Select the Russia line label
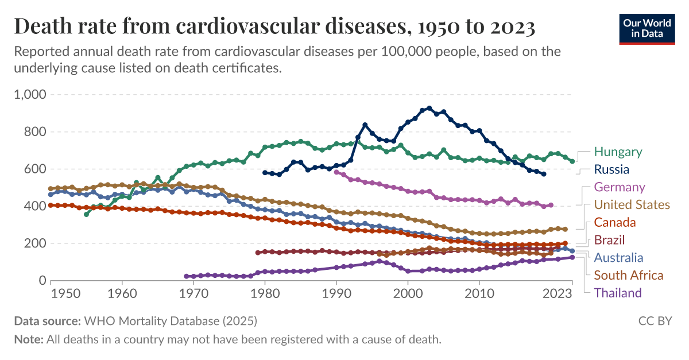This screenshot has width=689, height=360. pyautogui.click(x=611, y=170)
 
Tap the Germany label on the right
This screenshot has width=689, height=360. pyautogui.click(x=620, y=187)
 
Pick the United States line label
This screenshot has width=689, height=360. pyautogui.click(x=632, y=205)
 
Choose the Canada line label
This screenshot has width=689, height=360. pyautogui.click(x=615, y=223)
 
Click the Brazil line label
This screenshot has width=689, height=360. pyautogui.click(x=609, y=240)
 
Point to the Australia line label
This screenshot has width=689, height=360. pyautogui.click(x=618, y=258)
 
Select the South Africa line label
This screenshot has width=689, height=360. pyautogui.click(x=628, y=276)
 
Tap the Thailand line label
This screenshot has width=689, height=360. pyautogui.click(x=618, y=293)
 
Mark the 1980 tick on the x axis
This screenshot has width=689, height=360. pyautogui.click(x=265, y=293)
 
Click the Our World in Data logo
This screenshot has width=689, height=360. pyautogui.click(x=647, y=28)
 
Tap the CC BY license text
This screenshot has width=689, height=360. pyautogui.click(x=655, y=320)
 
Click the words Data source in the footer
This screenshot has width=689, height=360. pyautogui.click(x=48, y=320)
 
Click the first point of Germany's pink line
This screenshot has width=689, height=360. pyautogui.click(x=336, y=172)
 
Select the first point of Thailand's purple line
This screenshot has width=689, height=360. pyautogui.click(x=186, y=276)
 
